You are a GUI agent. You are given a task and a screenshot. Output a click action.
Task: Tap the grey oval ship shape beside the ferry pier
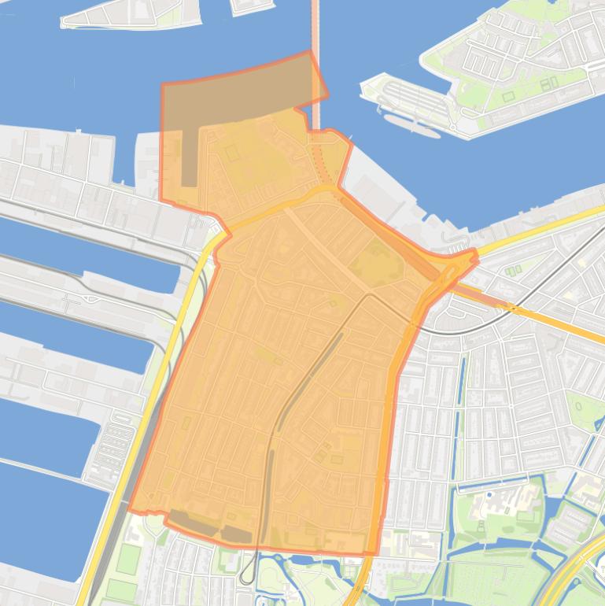411,125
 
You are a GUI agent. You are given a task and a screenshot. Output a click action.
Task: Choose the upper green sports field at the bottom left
128,558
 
